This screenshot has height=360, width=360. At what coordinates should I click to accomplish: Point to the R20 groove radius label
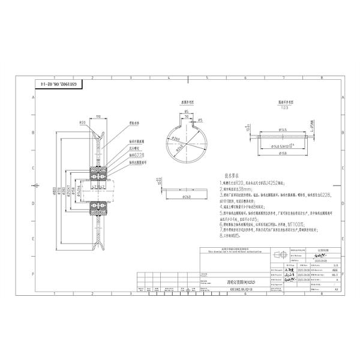click(83, 122)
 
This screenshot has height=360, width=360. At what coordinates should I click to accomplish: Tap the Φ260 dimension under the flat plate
click(187, 196)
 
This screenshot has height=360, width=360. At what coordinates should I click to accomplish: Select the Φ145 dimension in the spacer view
click(281, 129)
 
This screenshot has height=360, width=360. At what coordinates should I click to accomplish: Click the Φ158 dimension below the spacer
click(281, 152)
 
